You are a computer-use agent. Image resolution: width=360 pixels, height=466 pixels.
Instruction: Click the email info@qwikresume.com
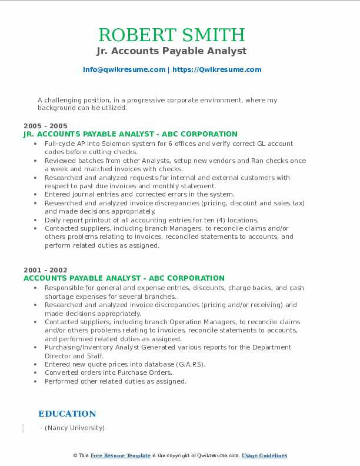[x=124, y=69]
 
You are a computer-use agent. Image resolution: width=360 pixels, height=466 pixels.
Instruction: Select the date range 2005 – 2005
[x=45, y=126]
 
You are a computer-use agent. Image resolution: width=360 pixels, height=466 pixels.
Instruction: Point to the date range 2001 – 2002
[x=45, y=270]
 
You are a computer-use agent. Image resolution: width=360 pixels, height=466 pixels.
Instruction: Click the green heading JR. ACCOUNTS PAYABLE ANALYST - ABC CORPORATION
[x=130, y=134]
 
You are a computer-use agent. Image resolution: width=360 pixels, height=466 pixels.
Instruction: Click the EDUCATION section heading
[x=67, y=414]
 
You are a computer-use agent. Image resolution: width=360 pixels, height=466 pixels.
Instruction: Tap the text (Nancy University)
[x=74, y=428]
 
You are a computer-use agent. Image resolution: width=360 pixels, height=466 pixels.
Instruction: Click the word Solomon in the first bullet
[x=112, y=144]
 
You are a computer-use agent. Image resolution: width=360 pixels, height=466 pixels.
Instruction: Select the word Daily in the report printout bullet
[x=54, y=220]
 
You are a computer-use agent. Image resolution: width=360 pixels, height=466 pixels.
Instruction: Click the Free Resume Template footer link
[x=121, y=456]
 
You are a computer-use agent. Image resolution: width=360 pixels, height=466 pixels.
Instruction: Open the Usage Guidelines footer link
[x=265, y=456]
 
